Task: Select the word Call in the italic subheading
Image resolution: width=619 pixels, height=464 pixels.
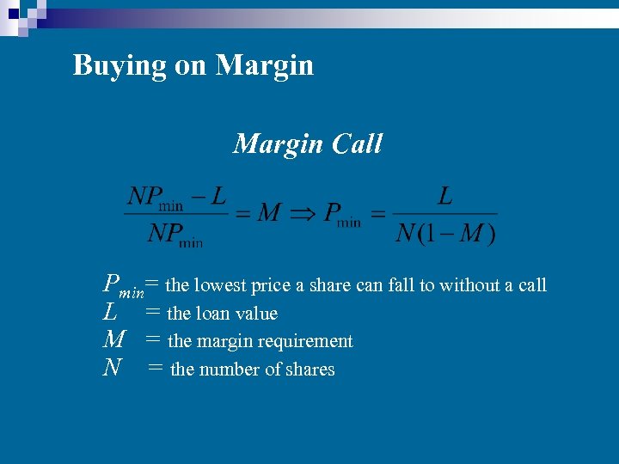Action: click(x=354, y=143)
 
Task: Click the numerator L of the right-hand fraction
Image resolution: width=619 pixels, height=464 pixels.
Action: click(x=445, y=197)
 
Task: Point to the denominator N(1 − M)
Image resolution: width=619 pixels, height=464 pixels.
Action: click(x=445, y=233)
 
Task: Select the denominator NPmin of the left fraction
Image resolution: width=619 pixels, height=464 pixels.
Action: click(x=175, y=235)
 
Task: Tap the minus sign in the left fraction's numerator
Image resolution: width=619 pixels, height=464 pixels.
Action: click(x=198, y=197)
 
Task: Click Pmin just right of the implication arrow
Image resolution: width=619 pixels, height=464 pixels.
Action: click(x=342, y=215)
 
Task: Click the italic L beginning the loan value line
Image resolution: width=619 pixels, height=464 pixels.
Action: click(x=110, y=313)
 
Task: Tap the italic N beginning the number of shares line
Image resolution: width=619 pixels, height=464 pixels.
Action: click(x=112, y=369)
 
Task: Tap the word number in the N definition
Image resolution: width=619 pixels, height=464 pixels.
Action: click(x=233, y=369)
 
